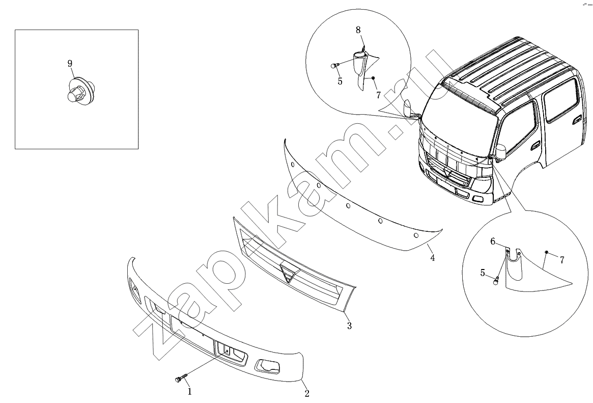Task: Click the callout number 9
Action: tap(70, 64)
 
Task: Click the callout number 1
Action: tap(190, 392)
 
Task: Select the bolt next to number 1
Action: tap(181, 378)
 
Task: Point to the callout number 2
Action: tap(307, 393)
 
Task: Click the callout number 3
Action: tap(350, 326)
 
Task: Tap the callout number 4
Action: tap(432, 258)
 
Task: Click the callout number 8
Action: tap(358, 30)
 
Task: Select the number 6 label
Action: tap(493, 241)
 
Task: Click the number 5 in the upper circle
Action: tap(340, 81)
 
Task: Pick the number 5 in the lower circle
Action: tap(483, 273)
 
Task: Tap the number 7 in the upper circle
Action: tap(379, 95)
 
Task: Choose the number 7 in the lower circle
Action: tap(562, 260)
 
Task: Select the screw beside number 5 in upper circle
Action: tap(334, 66)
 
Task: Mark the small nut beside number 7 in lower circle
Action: tap(547, 252)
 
